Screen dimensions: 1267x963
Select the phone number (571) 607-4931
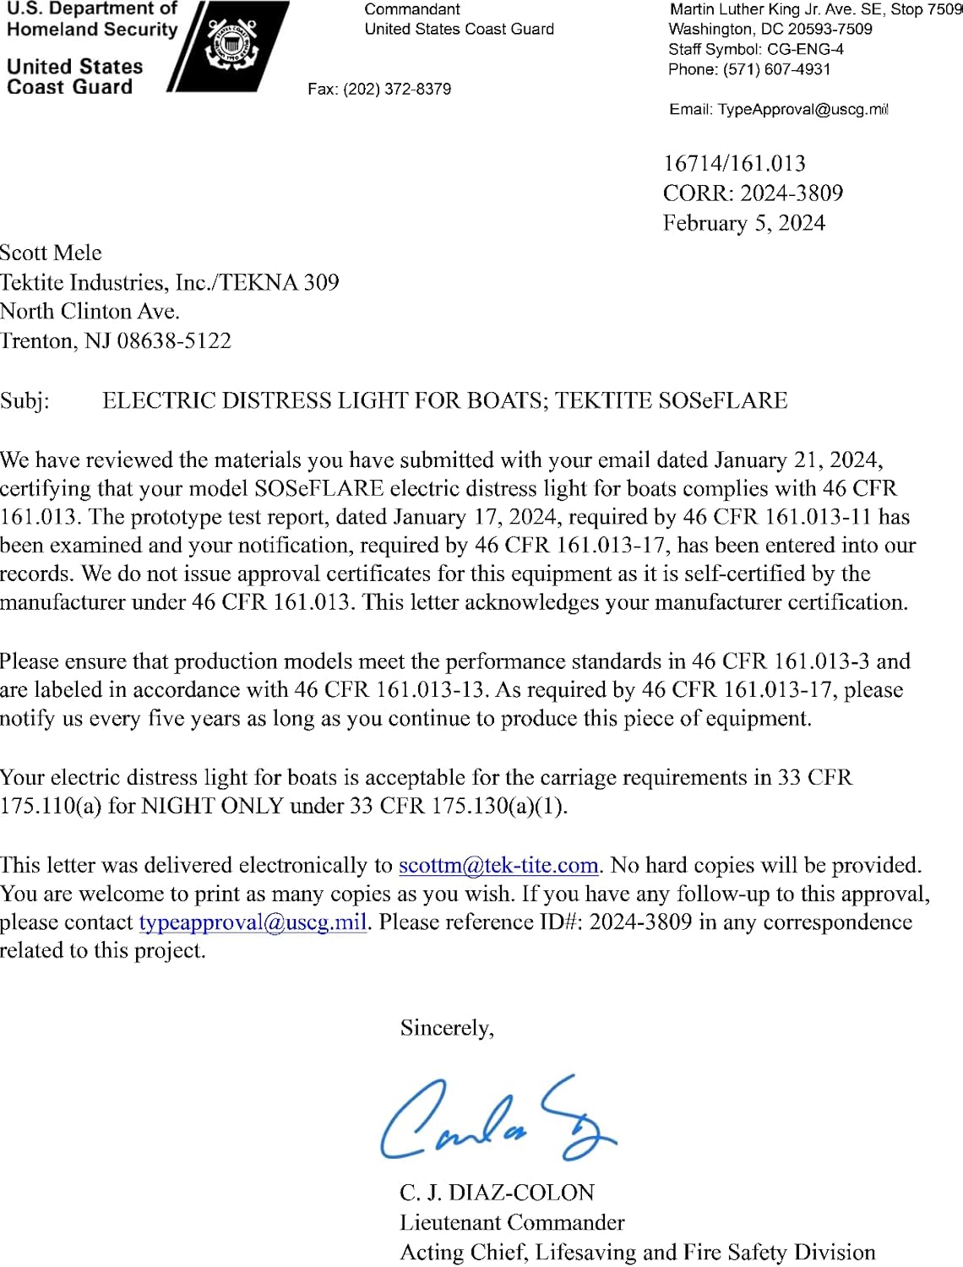[x=776, y=69]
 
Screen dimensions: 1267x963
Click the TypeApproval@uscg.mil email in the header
[x=802, y=109]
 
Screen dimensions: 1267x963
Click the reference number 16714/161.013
[x=734, y=163]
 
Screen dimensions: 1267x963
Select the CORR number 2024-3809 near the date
[x=792, y=193]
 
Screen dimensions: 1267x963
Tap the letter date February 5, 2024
[x=743, y=223]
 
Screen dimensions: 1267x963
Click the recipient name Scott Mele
[x=51, y=253]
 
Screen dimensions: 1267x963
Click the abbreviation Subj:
[x=24, y=400]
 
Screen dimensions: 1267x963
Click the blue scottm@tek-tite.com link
[x=498, y=865]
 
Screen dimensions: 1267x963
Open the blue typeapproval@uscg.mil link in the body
[x=253, y=922]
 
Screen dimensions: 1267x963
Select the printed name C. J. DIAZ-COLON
[x=497, y=1193]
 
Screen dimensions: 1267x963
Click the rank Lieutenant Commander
[x=512, y=1222]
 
